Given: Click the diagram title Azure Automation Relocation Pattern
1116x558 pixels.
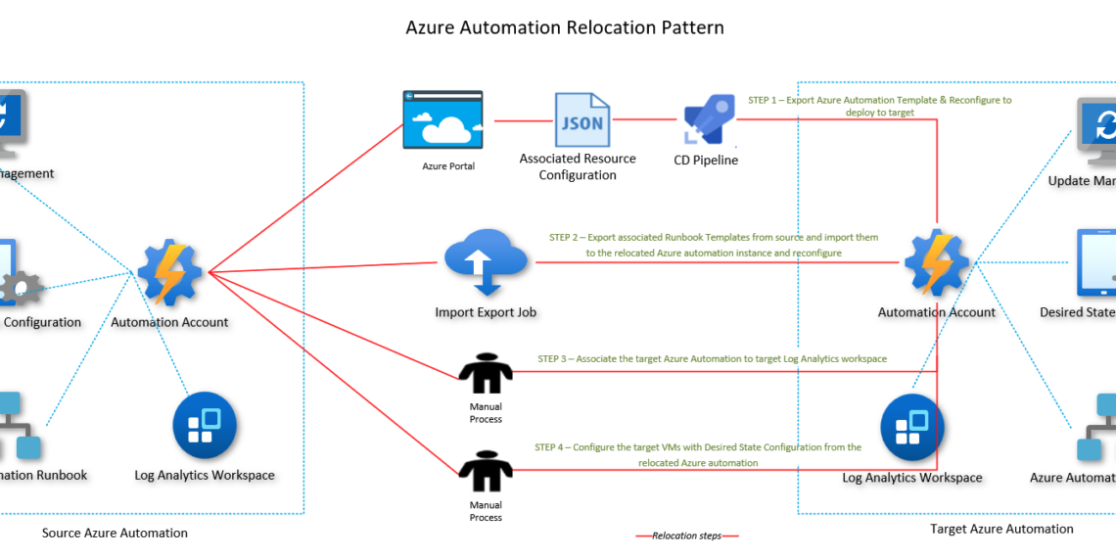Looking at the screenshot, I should tap(565, 27).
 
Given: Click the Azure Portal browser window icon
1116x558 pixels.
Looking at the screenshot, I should tap(442, 121).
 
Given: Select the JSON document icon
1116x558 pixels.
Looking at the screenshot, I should tap(581, 121).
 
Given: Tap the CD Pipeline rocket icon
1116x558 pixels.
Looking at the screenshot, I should tap(707, 122).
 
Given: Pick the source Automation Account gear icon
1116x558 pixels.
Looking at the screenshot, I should tap(169, 271).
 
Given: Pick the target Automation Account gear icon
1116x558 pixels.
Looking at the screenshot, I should tap(936, 262).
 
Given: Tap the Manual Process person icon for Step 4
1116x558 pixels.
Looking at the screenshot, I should tap(486, 472).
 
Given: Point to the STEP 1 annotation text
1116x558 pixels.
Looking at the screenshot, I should tap(879, 106).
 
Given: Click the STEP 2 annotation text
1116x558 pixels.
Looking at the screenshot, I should tap(714, 245).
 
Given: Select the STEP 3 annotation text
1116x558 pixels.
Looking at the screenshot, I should tap(712, 359).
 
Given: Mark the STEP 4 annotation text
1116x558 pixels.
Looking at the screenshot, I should tap(698, 454).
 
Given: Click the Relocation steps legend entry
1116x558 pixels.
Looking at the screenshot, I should tap(687, 535).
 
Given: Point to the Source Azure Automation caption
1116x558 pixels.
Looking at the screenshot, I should tap(115, 534).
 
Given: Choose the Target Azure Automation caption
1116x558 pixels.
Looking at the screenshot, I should tap(1001, 529).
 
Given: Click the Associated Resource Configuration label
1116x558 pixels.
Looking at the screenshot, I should tap(578, 166).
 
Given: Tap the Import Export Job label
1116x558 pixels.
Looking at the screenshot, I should tap(486, 313).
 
